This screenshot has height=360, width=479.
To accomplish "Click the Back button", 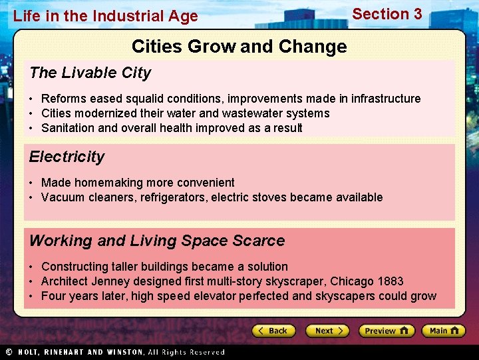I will click(273, 331).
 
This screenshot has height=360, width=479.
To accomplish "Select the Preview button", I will click(387, 331).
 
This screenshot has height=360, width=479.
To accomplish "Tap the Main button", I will click(444, 331).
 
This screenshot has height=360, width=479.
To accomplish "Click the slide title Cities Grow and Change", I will click(239, 47).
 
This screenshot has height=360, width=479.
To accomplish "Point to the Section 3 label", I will click(387, 14).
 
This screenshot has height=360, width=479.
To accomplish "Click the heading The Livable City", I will click(90, 73).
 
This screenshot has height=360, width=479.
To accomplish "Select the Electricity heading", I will click(67, 157).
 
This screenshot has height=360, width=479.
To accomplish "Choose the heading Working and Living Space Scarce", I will click(157, 241).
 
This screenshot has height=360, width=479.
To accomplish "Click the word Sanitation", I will click(69, 128).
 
